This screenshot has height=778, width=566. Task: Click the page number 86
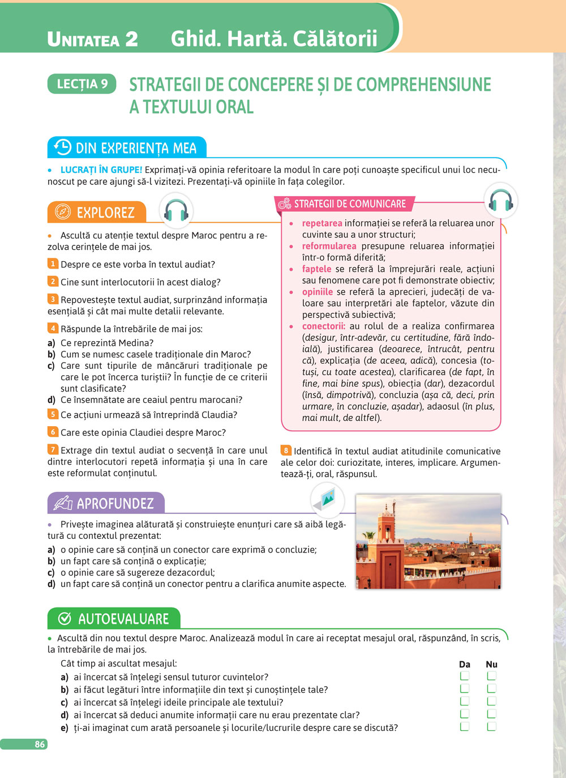40,744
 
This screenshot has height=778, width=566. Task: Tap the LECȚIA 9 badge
82,84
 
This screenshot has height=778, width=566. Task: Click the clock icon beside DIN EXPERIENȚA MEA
62,147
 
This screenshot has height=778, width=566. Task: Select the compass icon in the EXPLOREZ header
62,212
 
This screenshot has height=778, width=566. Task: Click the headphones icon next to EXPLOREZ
176,211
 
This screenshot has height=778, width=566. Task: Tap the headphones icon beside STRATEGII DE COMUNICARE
500,201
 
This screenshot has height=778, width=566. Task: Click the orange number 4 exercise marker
53,328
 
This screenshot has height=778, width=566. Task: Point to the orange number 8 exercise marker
286,450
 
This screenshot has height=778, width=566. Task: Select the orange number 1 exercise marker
53,263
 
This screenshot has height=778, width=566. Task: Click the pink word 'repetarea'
322,223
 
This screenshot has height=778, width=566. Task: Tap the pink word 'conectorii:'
323,326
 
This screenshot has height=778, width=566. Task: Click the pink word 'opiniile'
318,292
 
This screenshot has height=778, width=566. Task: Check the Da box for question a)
465,676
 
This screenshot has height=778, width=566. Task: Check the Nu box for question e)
491,727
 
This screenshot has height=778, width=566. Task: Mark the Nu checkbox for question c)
491,702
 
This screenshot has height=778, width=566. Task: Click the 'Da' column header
465,664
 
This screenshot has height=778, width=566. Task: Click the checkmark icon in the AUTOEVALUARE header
65,618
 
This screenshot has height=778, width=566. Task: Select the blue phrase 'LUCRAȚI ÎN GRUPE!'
101,169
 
